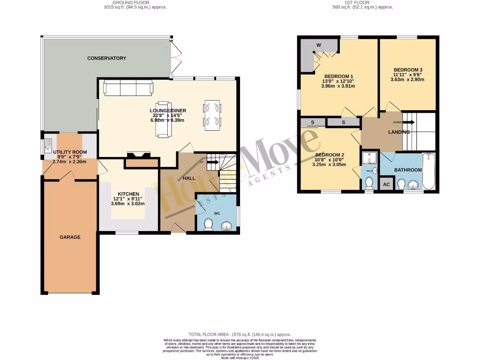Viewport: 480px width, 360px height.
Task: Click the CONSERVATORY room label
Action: click(106, 58)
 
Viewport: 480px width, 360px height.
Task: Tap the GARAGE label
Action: click(70, 237)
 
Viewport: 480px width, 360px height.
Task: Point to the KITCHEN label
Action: click(128, 194)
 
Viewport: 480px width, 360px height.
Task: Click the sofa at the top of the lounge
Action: click(128, 88)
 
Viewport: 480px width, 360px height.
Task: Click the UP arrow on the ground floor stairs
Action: click(212, 163)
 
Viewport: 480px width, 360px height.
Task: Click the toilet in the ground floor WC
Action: click(209, 227)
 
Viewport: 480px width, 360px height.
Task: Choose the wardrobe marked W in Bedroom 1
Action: click(319, 45)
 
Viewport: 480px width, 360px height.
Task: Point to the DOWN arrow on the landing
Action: click(408, 122)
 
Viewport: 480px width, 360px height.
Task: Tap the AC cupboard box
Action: click(387, 185)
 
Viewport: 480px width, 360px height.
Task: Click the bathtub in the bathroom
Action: click(429, 171)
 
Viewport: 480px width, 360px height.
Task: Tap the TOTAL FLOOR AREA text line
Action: click(240, 334)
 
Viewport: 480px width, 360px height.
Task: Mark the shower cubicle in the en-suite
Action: click(369, 157)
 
